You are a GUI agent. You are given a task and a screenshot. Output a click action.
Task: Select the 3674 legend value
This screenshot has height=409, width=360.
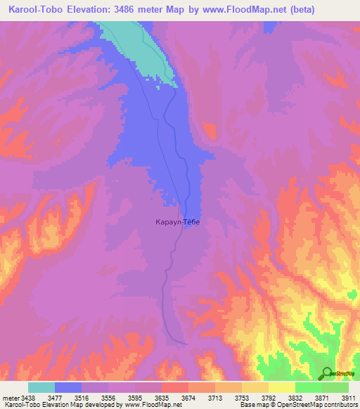190,398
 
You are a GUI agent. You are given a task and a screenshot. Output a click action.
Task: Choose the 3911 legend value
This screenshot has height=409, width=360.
348,398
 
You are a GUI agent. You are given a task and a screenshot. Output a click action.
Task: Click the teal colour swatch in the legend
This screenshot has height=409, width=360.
41,387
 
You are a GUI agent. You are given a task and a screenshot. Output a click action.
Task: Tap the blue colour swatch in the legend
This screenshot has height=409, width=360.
68,387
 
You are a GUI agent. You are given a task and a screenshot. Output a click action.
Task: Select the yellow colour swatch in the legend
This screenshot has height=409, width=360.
282,387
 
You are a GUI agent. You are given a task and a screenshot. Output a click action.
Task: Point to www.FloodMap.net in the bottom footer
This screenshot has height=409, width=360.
150,405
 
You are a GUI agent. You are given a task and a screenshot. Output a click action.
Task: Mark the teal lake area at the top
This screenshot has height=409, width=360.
141,46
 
